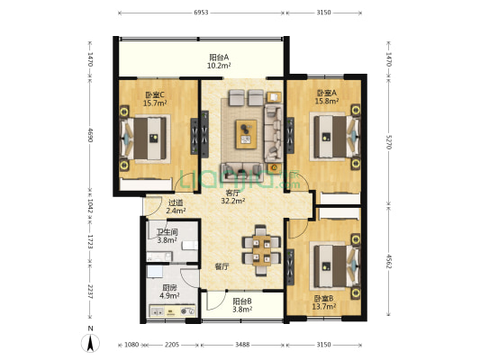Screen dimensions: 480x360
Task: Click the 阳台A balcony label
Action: [219, 58]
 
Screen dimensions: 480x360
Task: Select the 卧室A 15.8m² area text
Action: [327, 101]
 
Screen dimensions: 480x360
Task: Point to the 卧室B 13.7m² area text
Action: [324, 306]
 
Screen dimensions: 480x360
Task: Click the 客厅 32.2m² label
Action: [232, 197]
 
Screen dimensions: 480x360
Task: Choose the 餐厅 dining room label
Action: [222, 266]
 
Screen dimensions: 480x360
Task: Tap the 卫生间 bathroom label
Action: [168, 232]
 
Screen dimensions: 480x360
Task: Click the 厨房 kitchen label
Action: [169, 288]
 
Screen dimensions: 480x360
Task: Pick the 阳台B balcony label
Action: [242, 301]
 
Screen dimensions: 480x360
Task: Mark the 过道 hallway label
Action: [176, 202]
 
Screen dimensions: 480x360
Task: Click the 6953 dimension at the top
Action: [201, 13]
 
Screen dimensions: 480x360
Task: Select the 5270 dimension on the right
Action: [388, 142]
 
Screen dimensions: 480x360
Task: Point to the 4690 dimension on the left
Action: [89, 135]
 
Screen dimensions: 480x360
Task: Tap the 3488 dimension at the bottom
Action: [242, 345]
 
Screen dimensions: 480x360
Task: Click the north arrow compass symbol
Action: [90, 343]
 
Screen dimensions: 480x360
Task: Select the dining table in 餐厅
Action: [262, 250]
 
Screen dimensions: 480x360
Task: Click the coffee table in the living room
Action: [246, 135]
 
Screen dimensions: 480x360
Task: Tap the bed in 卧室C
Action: [146, 139]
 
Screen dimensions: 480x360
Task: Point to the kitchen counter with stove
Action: [172, 310]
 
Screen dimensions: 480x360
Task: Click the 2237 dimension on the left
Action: [89, 292]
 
